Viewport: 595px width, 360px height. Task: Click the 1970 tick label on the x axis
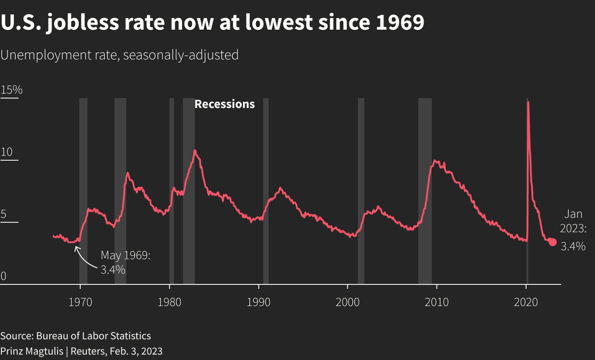pos(80,302)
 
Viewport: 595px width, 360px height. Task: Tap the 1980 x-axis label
pos(170,302)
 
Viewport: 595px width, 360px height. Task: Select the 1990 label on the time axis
pos(258,302)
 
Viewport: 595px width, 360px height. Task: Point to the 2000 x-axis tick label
pos(348,302)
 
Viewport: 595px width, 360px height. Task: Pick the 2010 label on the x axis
pos(437,302)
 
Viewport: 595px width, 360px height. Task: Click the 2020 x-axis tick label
pos(526,302)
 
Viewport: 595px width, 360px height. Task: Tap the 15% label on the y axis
pos(12,90)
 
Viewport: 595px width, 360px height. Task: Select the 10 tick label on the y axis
pos(7,152)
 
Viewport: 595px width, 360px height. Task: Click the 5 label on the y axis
pos(4,215)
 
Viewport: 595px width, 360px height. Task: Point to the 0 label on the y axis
pos(4,276)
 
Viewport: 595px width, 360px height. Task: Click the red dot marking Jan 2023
pos(552,242)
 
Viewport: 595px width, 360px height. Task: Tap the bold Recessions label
pos(225,104)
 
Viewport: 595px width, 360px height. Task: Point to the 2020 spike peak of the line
pos(528,102)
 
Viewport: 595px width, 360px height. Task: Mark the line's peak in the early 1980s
pos(195,151)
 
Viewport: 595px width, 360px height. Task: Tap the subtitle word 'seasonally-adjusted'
pos(181,55)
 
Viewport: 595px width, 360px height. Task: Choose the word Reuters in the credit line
pos(86,351)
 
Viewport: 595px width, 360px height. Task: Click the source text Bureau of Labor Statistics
pos(93,336)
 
